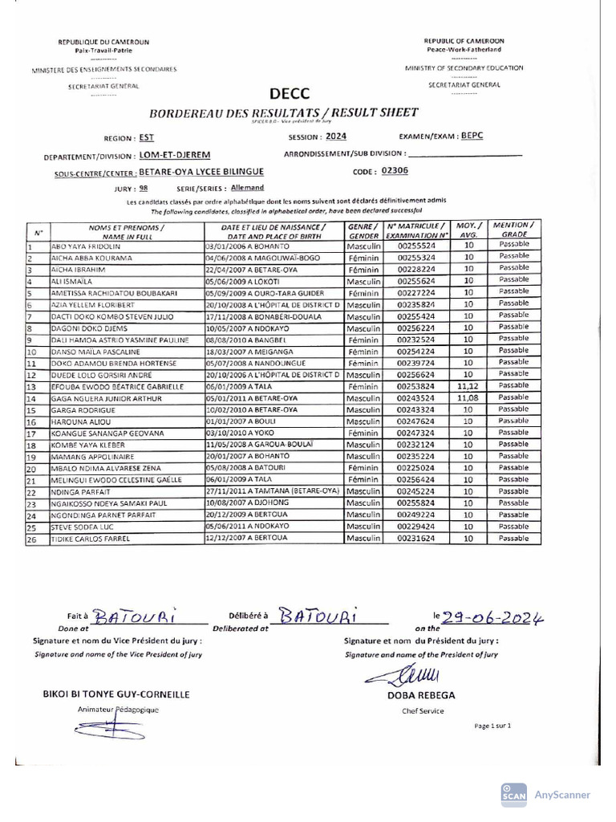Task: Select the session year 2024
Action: click(x=337, y=136)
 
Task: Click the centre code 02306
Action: click(x=395, y=170)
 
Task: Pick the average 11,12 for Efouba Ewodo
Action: click(x=467, y=387)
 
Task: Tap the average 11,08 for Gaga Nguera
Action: click(x=467, y=398)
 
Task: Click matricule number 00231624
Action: click(x=416, y=539)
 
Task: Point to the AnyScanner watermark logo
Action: click(x=513, y=794)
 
